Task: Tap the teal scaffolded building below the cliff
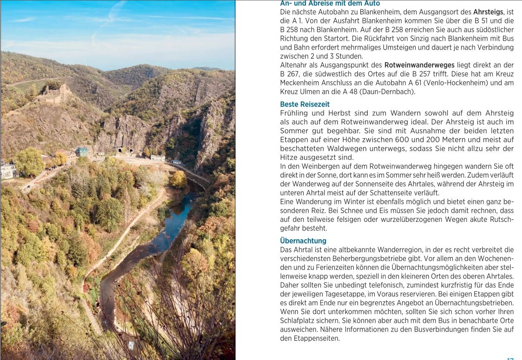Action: pyautogui.click(x=82, y=151)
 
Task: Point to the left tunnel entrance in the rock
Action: pyautogui.click(x=119, y=151)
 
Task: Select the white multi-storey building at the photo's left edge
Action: pyautogui.click(x=8, y=170)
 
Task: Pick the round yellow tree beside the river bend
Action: pyautogui.click(x=179, y=179)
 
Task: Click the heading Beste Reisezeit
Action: pyautogui.click(x=304, y=104)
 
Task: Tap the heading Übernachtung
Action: pyautogui.click(x=303, y=241)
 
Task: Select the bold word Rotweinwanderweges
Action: pyautogui.click(x=419, y=65)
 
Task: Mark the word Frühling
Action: pyautogui.click(x=294, y=113)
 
